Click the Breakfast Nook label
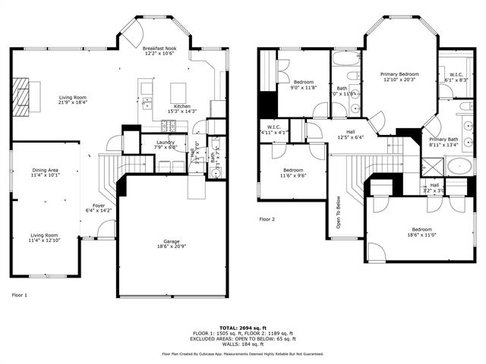pos(159,51)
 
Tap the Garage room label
pos(172,243)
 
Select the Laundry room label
pos(166,144)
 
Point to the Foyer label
pos(99,208)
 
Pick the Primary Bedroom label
pos(400,77)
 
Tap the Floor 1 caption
pos(19,294)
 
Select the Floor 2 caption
pos(267,219)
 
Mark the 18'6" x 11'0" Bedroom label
pos(422,232)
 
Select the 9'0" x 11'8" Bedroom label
pos(304,84)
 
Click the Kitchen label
pos(182,108)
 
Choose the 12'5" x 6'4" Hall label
pos(351,134)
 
